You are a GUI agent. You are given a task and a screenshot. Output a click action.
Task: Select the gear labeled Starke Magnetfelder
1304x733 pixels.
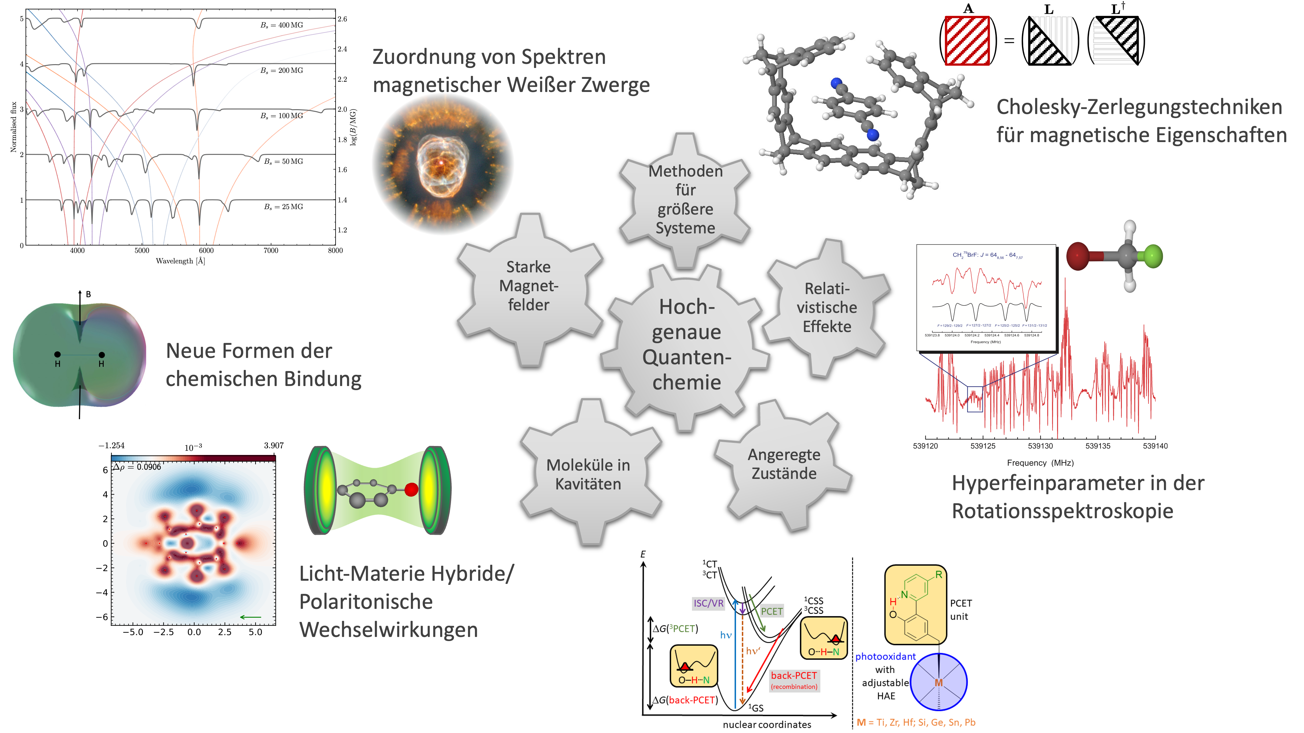tap(529, 286)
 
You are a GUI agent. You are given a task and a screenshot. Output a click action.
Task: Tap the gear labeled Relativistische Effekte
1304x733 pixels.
tap(827, 307)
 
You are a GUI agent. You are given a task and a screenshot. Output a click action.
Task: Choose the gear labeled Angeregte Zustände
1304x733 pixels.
tap(784, 464)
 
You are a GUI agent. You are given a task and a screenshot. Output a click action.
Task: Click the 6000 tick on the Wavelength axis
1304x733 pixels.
tap(206, 250)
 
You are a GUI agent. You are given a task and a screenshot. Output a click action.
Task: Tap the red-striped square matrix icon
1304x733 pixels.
tap(967, 41)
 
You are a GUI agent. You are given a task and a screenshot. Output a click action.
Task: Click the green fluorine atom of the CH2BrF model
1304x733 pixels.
tap(1153, 256)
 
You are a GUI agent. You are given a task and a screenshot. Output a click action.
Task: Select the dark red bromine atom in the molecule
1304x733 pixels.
tap(1078, 256)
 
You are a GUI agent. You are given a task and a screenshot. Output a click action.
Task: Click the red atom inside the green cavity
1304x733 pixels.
tap(411, 489)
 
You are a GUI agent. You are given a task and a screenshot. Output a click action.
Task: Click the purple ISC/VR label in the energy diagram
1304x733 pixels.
tap(708, 603)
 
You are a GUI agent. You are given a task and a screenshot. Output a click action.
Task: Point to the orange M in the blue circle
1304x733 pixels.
tap(938, 682)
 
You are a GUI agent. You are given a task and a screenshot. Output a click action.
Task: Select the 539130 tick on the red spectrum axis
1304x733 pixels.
tap(1040, 446)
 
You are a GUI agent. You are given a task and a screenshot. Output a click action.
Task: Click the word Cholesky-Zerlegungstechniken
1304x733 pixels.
tap(1139, 107)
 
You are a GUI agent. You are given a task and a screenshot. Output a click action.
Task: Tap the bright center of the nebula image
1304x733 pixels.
tap(441, 162)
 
